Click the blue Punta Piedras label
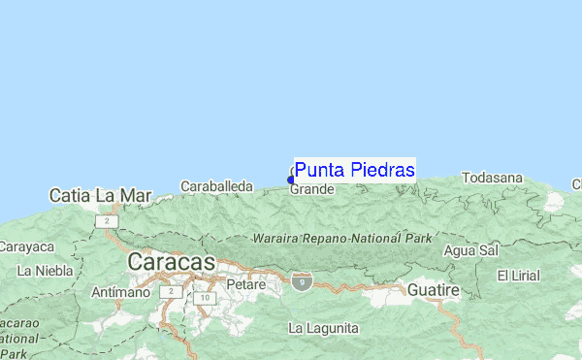(355, 171)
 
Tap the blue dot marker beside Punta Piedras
(291, 180)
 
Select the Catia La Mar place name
(101, 195)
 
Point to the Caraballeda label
(216, 185)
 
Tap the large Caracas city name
(170, 262)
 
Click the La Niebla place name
(46, 270)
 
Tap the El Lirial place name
(517, 276)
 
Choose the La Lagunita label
(323, 327)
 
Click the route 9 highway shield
(303, 282)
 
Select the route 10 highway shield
(203, 298)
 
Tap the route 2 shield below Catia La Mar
(104, 221)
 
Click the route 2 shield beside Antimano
(172, 291)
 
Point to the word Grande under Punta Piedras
(312, 189)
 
